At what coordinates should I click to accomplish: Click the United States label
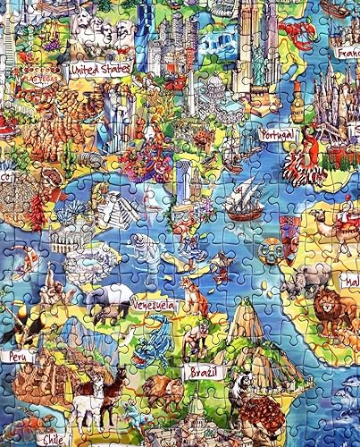click(99, 68)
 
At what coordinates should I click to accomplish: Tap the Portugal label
click(277, 134)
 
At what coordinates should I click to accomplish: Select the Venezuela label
click(153, 306)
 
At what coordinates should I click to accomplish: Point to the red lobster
click(308, 31)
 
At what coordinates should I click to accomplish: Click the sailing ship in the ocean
click(242, 201)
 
